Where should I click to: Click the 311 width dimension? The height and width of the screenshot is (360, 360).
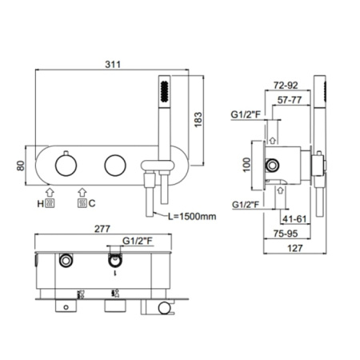pos(113,64)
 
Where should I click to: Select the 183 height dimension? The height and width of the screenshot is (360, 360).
pos(198,120)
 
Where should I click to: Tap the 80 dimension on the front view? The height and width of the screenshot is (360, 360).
pos(21,166)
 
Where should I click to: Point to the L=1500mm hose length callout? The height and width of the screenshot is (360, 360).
pos(192,216)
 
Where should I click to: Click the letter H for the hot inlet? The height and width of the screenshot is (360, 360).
pos(40,204)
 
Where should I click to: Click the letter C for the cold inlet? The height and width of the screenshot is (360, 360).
pos(92,203)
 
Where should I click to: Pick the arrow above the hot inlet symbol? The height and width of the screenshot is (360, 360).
pos(50,192)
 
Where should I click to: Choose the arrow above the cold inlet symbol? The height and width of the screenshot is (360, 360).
pos(82,192)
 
